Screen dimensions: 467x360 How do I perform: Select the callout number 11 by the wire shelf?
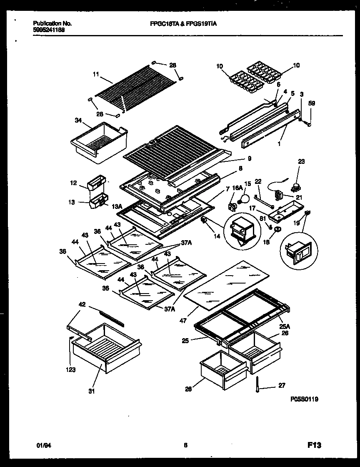pyautogui.click(x=96, y=75)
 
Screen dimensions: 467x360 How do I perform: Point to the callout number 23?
pyautogui.click(x=302, y=161)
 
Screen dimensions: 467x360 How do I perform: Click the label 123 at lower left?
pyautogui.click(x=70, y=369)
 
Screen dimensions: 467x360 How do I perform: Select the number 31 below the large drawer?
pyautogui.click(x=91, y=391)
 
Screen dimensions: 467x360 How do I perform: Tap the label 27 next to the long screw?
pyautogui.click(x=282, y=386)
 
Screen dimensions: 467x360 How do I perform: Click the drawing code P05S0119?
pyautogui.click(x=305, y=399)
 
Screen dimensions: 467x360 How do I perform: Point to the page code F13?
pyautogui.click(x=314, y=445)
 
